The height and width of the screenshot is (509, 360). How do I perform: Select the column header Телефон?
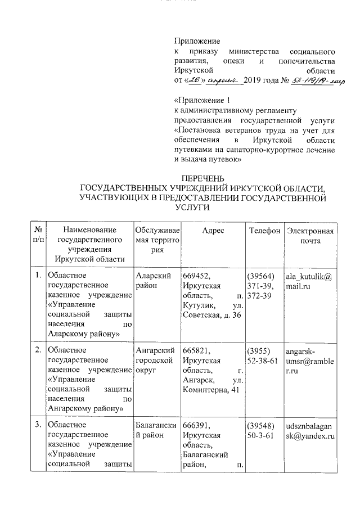[264, 231]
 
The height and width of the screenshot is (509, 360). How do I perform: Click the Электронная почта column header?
[310, 236]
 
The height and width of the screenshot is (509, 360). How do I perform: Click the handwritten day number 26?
[194, 82]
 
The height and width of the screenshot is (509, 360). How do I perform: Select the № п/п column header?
[39, 236]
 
